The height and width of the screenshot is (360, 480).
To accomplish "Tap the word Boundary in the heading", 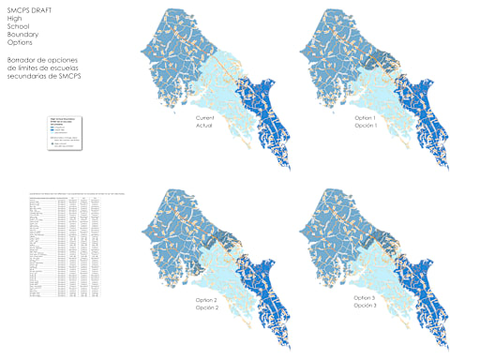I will (22, 35).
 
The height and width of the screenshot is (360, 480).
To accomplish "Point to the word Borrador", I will (22, 60).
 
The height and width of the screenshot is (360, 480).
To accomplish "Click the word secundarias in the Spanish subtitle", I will (27, 77).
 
